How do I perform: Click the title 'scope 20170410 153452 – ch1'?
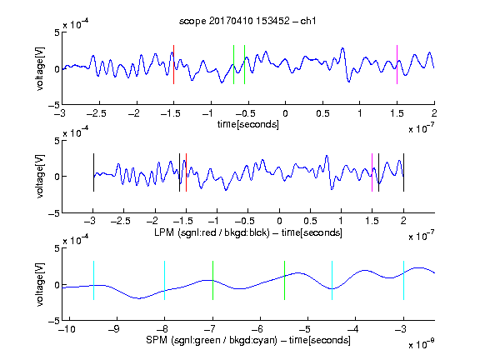pos(247,21)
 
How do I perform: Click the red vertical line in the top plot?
pos(173,65)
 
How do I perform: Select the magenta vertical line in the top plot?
pos(397,65)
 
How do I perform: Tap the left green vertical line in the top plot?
pos(233,65)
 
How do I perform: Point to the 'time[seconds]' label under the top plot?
pos(248,124)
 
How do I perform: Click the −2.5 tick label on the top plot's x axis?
pos(97,113)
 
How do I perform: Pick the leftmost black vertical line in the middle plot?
pos(93,172)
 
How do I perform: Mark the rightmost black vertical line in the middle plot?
pos(403,172)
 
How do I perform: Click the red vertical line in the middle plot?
pos(186,172)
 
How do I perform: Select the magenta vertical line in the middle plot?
pos(372,172)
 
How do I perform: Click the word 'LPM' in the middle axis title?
pos(164,232)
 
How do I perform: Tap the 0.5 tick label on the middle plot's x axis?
pos(310,221)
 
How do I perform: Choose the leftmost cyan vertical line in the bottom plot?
pos(93,280)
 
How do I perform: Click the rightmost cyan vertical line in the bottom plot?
pos(403,280)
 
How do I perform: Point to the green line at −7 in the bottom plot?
pos(212,280)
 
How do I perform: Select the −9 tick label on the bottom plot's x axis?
pos(114,329)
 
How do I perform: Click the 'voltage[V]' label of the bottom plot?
pos(40,284)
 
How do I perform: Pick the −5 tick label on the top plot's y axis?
pos(54,105)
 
